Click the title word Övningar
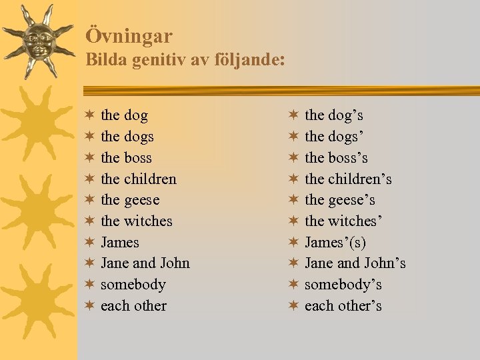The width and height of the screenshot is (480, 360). tap(129, 36)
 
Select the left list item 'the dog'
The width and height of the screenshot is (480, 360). tap(124, 115)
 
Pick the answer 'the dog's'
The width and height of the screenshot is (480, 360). tap(333, 115)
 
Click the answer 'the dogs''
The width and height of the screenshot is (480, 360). tap(332, 137)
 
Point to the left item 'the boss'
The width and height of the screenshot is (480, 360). tap(126, 158)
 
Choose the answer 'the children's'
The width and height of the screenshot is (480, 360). tap(348, 179)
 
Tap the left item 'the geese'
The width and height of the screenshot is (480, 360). tap(130, 200)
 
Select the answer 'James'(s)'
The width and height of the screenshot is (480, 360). tap(335, 243)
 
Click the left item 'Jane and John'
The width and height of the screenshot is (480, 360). tap(145, 263)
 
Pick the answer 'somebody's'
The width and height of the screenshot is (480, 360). tap(343, 285)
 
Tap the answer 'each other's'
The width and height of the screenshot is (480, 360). tap(343, 306)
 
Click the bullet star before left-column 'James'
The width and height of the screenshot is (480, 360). tap(89, 243)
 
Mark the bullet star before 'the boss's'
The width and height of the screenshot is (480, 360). tap(293, 158)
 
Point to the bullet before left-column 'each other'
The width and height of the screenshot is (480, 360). tap(89, 306)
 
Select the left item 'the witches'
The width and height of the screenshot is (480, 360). tap(136, 221)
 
